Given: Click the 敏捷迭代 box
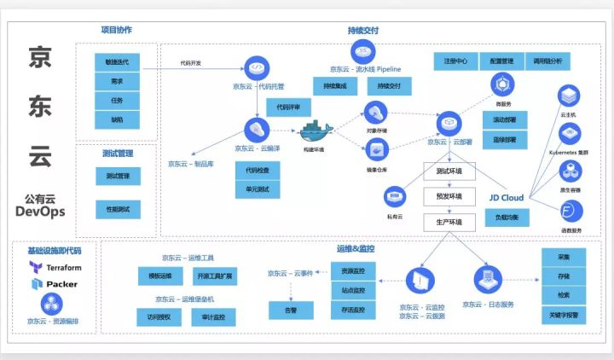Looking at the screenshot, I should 117,62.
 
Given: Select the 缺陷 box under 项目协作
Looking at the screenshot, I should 117,119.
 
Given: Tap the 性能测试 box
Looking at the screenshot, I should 117,209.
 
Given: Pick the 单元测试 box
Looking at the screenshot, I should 257,189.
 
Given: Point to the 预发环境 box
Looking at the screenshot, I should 449,197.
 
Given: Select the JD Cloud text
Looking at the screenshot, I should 506,198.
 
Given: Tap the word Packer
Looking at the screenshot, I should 61,284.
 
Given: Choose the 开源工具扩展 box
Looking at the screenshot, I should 215,276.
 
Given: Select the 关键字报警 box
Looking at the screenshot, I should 564,315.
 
